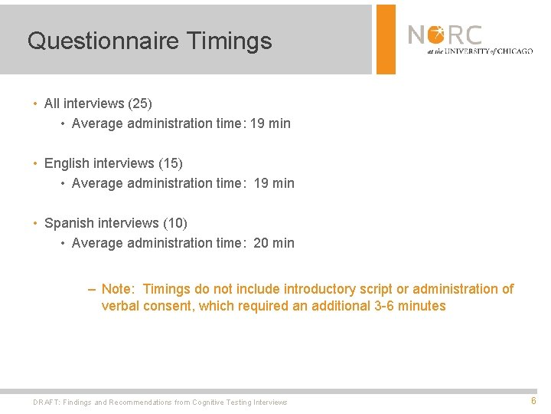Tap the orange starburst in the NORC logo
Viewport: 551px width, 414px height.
tap(436, 34)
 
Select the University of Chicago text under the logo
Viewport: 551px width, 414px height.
tap(480, 51)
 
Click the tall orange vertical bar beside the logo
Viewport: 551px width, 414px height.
tap(386, 38)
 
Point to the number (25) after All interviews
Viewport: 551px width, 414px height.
tap(140, 103)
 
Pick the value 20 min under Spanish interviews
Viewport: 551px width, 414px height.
tap(273, 243)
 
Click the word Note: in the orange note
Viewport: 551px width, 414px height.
tap(118, 289)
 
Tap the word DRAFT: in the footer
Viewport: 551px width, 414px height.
tap(47, 402)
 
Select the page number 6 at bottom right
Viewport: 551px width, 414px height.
tap(533, 401)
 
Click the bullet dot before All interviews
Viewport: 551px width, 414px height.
tap(35, 103)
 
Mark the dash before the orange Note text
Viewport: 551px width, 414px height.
tap(92, 289)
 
